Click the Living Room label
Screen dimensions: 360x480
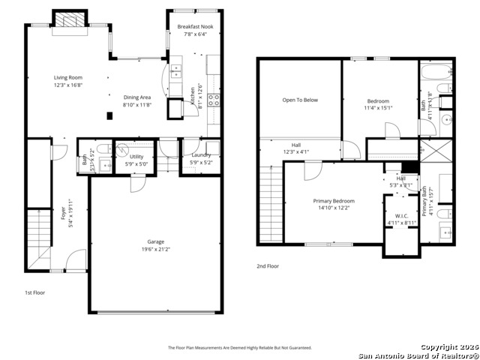coord(67,78)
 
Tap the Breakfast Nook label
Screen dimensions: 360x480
coord(194,27)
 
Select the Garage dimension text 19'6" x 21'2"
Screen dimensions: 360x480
coord(155,250)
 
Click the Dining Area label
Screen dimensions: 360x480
coord(137,97)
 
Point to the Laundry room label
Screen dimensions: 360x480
coord(200,155)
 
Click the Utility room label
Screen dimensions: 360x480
coord(136,156)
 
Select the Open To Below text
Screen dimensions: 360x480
coord(300,100)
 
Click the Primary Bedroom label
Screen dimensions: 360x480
coord(334,201)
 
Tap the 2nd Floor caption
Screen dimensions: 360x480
coord(268,266)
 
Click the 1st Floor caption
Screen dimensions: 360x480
coord(34,292)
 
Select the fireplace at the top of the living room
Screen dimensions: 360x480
coord(73,21)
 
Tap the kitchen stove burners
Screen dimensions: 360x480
coord(213,102)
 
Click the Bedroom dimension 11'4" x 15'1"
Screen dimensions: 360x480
coord(379,108)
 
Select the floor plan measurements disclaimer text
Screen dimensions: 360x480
coord(239,348)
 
